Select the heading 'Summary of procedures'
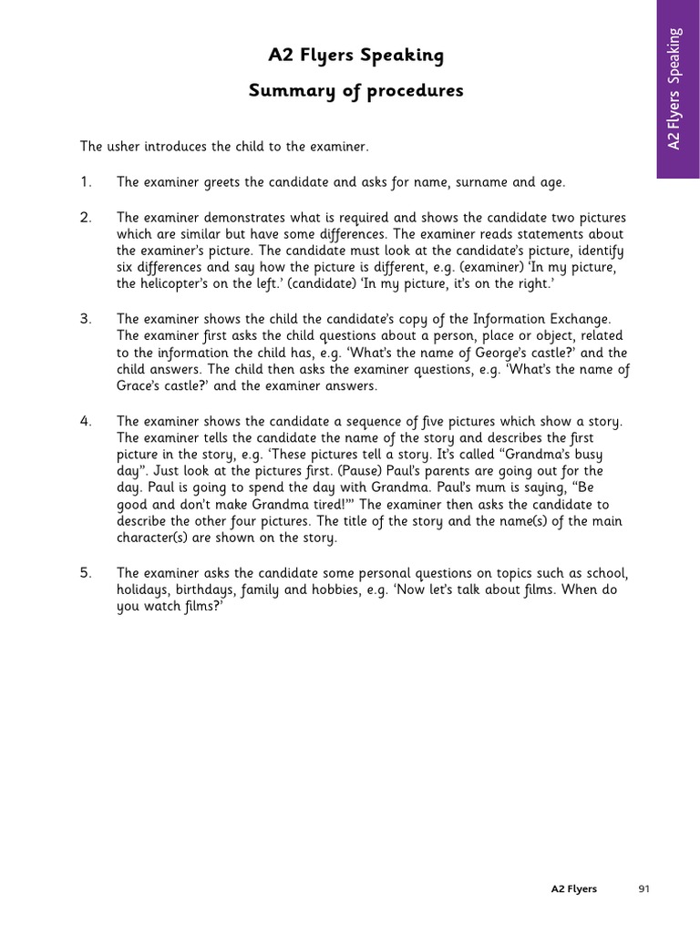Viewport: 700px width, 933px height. (355, 91)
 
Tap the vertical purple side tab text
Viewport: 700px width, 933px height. (674, 88)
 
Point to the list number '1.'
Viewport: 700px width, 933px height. (86, 182)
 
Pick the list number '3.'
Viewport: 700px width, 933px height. (86, 318)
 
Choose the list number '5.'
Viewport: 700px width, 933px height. (86, 572)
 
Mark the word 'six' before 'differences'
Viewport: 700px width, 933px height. (126, 267)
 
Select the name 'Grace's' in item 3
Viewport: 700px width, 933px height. (140, 385)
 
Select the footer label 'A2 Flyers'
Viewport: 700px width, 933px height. (574, 889)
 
